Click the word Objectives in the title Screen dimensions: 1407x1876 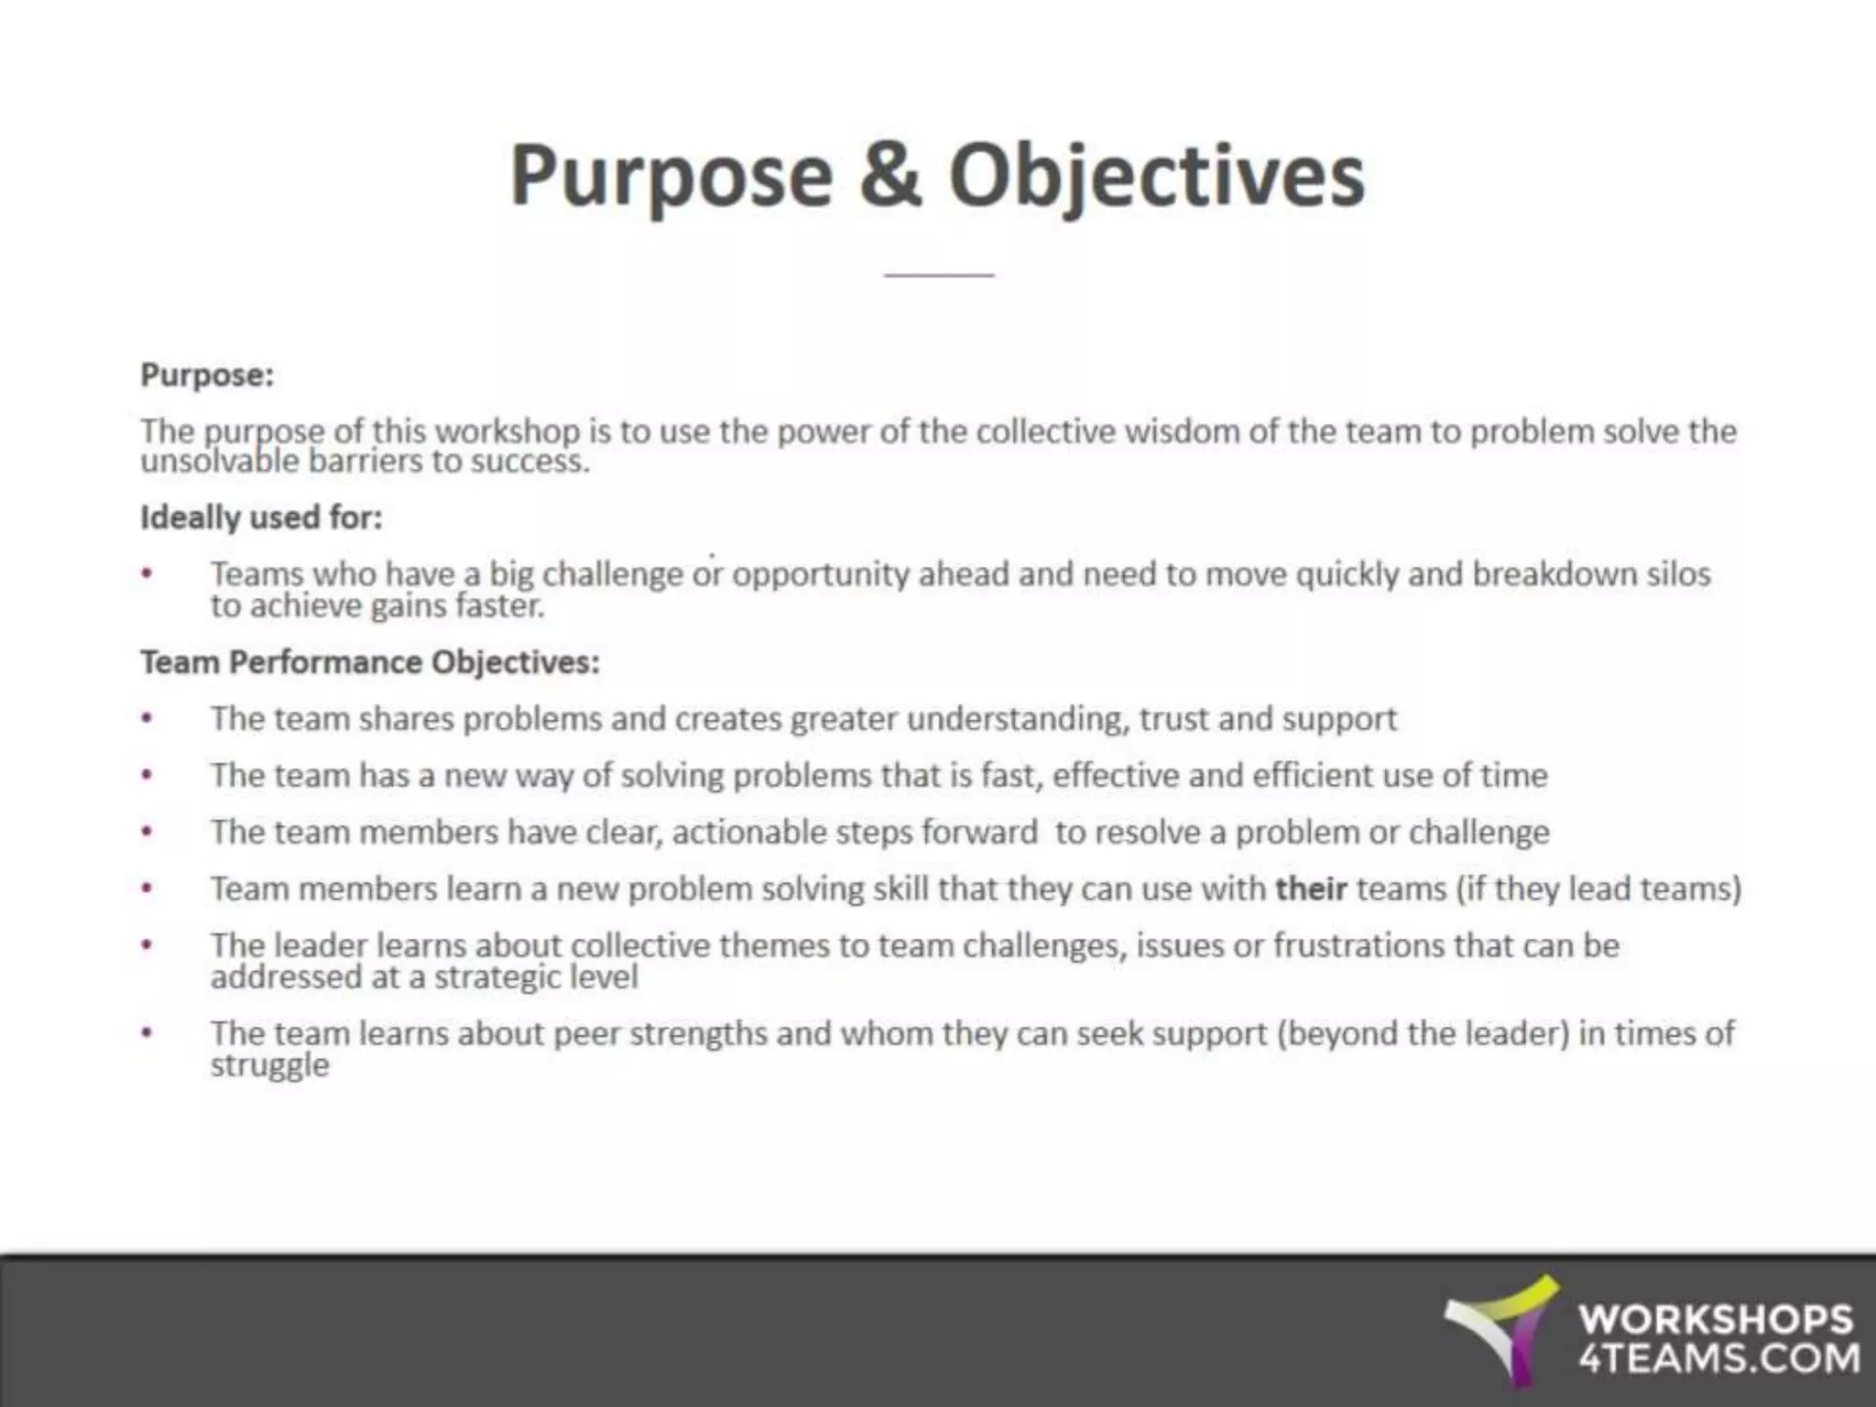point(1157,176)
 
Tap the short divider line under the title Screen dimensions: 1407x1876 point(939,274)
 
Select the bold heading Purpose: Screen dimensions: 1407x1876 point(207,375)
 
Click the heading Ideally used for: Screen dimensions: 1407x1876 point(261,518)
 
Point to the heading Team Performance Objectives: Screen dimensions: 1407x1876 point(369,661)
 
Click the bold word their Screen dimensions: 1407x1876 point(1311,889)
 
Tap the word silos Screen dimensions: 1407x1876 point(1678,573)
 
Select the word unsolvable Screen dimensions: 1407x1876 point(220,460)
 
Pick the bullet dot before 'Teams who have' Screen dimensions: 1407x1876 point(147,574)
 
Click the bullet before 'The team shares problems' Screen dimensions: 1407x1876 point(147,719)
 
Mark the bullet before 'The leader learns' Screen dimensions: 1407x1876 point(147,945)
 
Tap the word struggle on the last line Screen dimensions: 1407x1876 point(269,1065)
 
